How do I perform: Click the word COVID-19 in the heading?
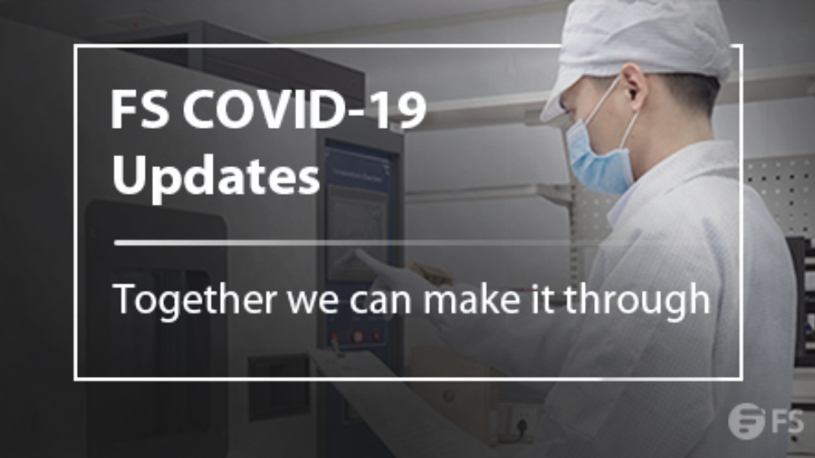[304, 109]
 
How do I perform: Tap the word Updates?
[216, 176]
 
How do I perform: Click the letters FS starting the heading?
[139, 109]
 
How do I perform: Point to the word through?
[638, 299]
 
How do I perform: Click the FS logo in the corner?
[765, 421]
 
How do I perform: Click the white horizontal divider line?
[353, 242]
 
